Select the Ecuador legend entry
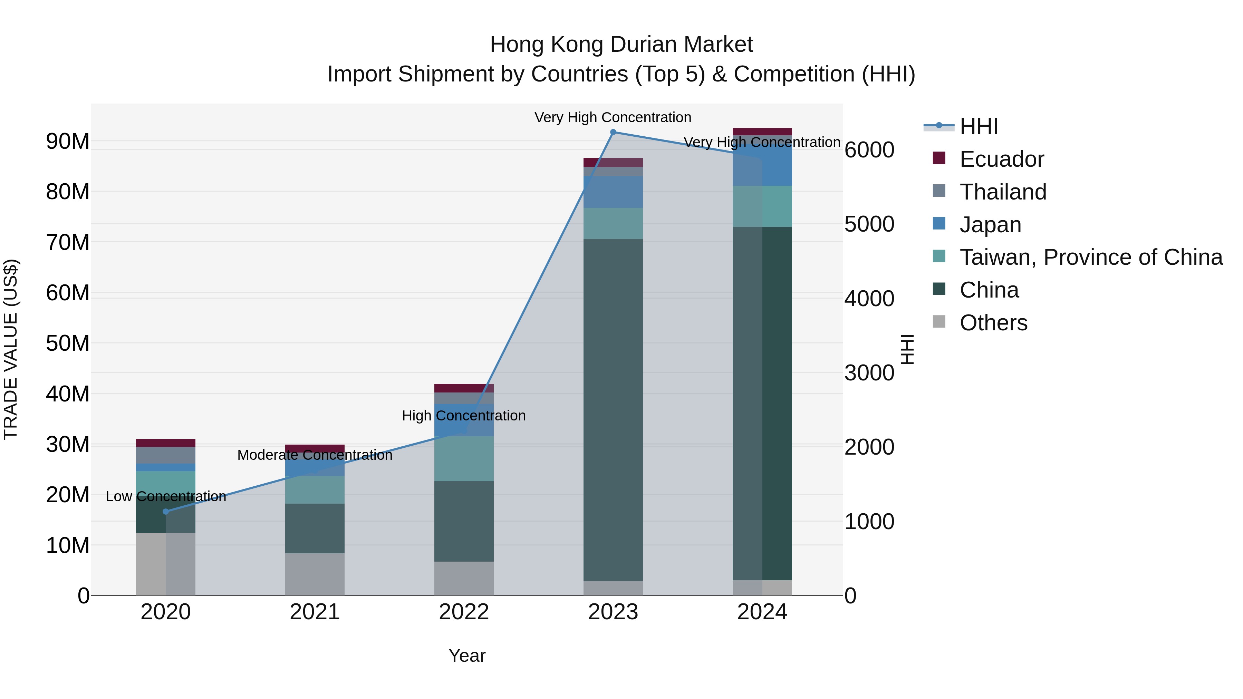pyautogui.click(x=1001, y=159)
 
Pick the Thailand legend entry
pyautogui.click(x=1003, y=192)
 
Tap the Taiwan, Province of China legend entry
pyautogui.click(x=1090, y=257)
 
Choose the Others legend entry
pyautogui.click(x=993, y=323)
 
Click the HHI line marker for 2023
pyautogui.click(x=613, y=132)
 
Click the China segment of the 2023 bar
pyautogui.click(x=613, y=410)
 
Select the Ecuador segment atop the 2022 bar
pyautogui.click(x=464, y=388)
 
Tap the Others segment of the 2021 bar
pyautogui.click(x=315, y=574)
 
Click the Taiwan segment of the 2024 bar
pyautogui.click(x=762, y=206)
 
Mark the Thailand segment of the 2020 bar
pyautogui.click(x=165, y=455)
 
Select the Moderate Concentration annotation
pyautogui.click(x=315, y=455)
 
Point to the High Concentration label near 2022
pyautogui.click(x=464, y=415)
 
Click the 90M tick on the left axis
pyautogui.click(x=68, y=141)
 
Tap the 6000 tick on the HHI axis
pyautogui.click(x=869, y=149)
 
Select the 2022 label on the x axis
pyautogui.click(x=464, y=612)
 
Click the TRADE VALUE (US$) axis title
pyautogui.click(x=11, y=349)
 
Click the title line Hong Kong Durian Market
pyautogui.click(x=621, y=45)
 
